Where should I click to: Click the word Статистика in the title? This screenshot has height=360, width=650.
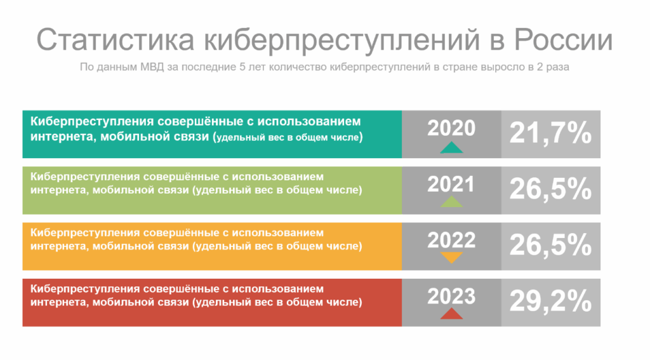116,40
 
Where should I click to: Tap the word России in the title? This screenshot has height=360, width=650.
564,40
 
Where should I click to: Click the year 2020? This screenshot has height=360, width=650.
451,128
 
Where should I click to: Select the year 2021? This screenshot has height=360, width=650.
451,184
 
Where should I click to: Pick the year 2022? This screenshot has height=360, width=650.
451,240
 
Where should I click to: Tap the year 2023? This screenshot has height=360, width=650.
451,296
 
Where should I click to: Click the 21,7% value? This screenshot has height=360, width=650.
550,133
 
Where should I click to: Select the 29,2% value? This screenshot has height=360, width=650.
550,302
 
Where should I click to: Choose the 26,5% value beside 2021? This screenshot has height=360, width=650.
550,190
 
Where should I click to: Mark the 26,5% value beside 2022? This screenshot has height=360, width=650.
550,246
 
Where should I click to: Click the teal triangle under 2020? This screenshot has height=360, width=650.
451,148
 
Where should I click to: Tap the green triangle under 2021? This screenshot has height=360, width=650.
451,202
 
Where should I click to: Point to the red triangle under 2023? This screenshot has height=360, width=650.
451,314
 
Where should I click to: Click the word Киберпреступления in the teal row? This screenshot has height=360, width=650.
92,122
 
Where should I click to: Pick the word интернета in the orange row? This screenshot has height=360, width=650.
59,246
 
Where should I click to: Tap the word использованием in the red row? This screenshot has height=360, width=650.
277,289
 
